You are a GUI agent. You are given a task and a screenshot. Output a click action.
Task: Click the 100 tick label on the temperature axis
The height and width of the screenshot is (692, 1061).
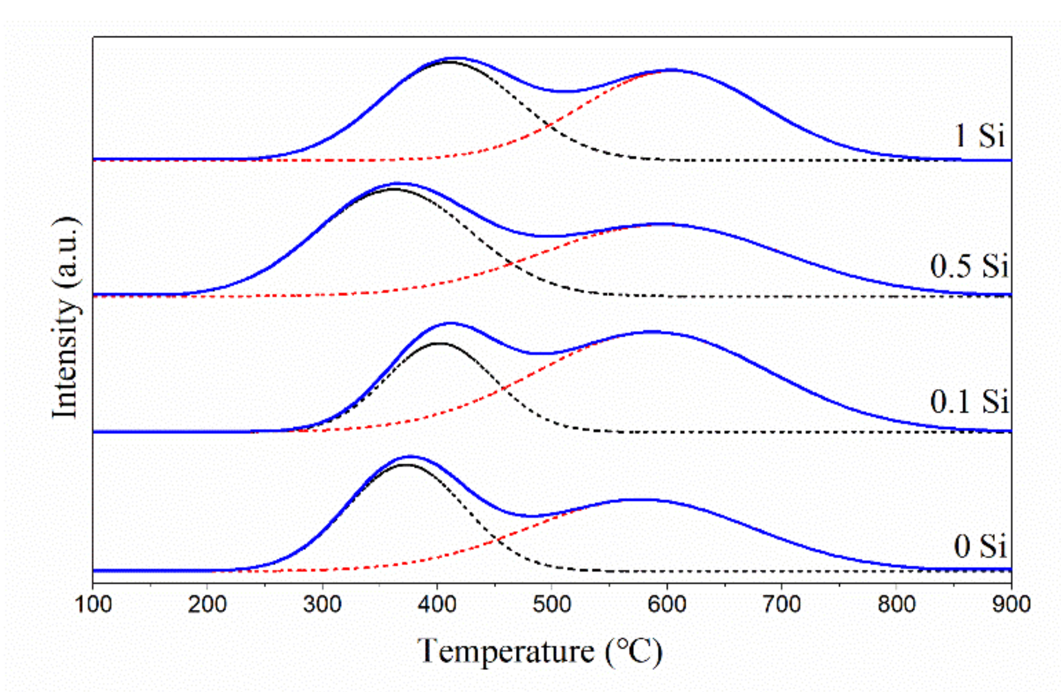[93, 605]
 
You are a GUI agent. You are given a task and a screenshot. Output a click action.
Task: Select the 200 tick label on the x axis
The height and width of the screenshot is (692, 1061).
[207, 605]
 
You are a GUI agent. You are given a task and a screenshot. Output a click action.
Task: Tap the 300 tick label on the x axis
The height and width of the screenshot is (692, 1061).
[322, 605]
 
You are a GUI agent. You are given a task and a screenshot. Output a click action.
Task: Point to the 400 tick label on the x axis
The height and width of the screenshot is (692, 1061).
[437, 605]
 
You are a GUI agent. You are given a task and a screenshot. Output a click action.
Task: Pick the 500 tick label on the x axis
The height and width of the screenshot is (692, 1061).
[552, 605]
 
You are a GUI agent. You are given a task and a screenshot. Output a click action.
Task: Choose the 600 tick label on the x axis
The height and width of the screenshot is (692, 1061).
[667, 605]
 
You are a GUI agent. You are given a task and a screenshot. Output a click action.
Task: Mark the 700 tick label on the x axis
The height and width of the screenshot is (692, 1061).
[782, 605]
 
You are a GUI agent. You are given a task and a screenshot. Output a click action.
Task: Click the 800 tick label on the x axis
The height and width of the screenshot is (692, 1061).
[897, 605]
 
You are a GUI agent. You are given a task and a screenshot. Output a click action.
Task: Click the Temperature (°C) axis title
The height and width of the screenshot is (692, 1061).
[540, 652]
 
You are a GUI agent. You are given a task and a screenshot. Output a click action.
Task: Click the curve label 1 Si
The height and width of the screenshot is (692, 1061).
[978, 135]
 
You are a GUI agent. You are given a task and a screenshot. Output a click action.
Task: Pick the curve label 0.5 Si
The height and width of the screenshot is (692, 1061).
[969, 266]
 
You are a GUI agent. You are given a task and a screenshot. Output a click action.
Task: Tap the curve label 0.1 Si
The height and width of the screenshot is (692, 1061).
[969, 401]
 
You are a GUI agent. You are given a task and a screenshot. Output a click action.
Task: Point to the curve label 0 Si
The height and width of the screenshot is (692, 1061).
[979, 546]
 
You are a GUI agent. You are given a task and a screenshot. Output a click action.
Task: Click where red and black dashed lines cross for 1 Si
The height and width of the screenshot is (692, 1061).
[549, 126]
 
